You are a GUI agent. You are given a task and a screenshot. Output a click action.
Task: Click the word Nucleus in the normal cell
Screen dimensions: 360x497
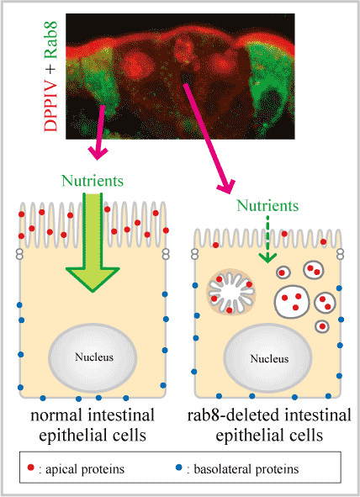[x=94, y=357]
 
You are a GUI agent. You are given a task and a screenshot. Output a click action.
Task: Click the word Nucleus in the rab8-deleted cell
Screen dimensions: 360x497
[x=269, y=358]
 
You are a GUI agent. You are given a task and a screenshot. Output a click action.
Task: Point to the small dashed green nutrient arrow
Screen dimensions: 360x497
[x=267, y=240]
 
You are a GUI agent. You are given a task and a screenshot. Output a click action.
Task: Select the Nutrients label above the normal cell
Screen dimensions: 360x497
[x=93, y=181]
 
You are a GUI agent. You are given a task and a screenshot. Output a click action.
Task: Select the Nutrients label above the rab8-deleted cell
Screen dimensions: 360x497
[x=267, y=205]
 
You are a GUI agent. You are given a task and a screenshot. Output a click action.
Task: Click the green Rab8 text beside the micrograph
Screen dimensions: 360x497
[x=50, y=40]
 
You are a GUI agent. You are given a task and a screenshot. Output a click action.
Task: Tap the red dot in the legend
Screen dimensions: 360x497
[x=31, y=468]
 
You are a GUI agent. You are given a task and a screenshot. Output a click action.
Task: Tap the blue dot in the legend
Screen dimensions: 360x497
[x=179, y=468]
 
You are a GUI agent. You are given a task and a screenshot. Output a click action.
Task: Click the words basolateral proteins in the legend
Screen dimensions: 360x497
[x=246, y=469]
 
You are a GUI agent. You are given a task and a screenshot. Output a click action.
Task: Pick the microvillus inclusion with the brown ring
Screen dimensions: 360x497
[x=231, y=292]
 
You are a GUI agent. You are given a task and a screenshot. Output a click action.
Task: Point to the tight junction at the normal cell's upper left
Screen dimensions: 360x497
[x=19, y=254]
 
